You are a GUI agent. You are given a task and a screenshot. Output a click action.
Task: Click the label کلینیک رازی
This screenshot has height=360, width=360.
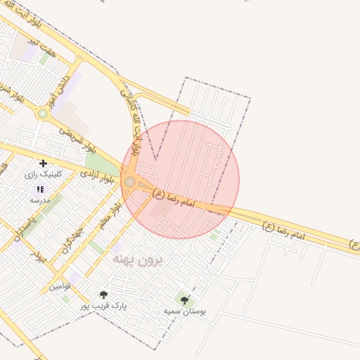coord(44,174)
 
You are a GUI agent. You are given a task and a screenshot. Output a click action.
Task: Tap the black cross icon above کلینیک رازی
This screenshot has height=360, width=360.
coord(44,163)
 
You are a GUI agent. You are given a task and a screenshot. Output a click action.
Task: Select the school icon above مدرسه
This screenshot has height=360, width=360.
coord(40,189)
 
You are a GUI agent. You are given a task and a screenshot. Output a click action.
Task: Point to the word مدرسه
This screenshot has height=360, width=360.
coord(40,200)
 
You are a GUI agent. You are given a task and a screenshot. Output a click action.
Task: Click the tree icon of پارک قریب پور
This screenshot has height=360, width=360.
coord(104,295)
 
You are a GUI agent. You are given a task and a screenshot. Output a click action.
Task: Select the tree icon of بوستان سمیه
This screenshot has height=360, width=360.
coord(185,300)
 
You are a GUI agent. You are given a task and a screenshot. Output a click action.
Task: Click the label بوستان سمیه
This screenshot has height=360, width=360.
coord(185,311)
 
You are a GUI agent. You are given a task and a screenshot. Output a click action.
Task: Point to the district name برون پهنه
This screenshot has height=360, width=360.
coord(137,260)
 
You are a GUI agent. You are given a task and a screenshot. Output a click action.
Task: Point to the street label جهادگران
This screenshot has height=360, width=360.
coord(72,240)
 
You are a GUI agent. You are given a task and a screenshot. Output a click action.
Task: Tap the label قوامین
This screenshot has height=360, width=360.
coord(59,287)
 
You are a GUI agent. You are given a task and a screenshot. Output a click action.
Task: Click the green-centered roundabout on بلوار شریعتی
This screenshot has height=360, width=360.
coord(43,113)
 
